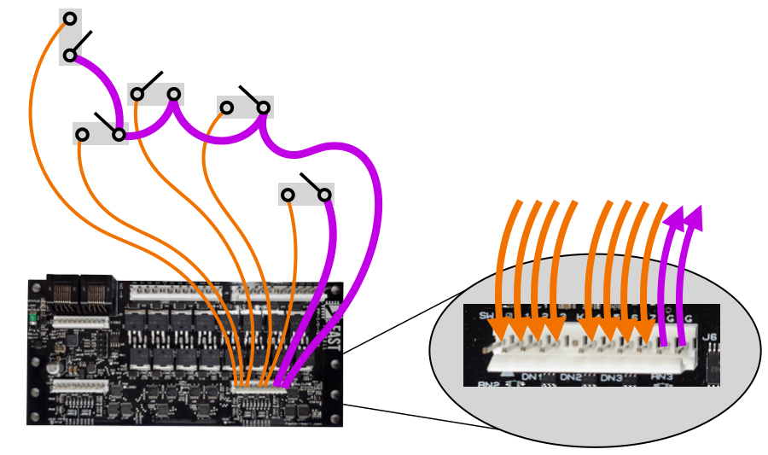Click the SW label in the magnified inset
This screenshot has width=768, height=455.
click(488, 317)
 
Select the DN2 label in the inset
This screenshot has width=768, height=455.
click(571, 377)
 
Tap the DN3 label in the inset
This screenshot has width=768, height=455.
click(611, 377)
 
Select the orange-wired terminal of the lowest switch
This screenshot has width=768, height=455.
click(288, 195)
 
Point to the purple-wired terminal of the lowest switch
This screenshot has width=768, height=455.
click(324, 195)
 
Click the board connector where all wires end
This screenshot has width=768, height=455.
click(259, 388)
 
